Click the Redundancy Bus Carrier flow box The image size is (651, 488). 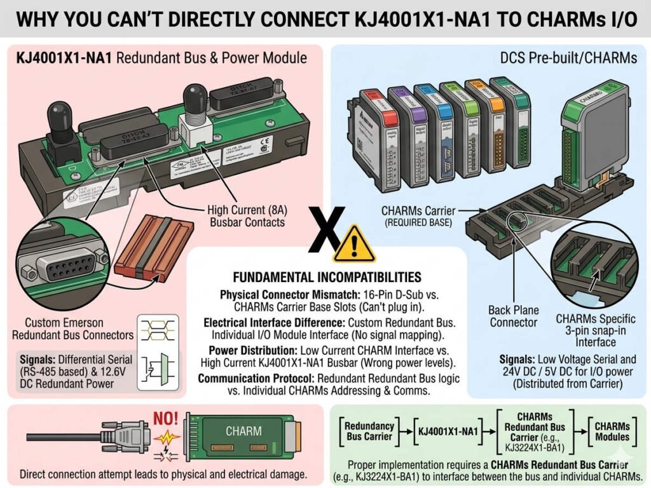(369, 431)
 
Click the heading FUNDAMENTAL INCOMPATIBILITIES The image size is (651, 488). (327, 277)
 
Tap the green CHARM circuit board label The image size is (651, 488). (243, 431)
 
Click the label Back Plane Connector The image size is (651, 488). (514, 316)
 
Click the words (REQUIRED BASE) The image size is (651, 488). (416, 223)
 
